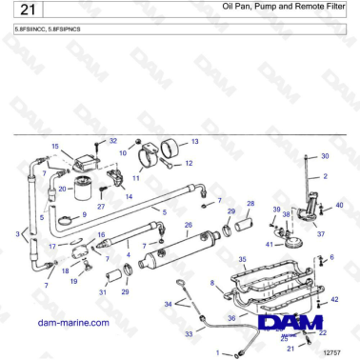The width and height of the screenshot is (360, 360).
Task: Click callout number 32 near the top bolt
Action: [112, 141]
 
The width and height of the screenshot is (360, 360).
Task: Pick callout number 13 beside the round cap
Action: [194, 141]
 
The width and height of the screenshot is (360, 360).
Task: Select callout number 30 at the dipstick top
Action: [324, 155]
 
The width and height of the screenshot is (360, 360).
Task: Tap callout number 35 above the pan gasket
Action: [242, 258]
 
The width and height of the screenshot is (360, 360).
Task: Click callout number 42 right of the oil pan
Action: [334, 300]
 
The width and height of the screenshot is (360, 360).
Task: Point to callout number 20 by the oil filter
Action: [63, 189]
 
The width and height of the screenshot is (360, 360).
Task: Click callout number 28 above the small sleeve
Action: [250, 204]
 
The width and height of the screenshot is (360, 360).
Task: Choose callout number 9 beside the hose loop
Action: [84, 215]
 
